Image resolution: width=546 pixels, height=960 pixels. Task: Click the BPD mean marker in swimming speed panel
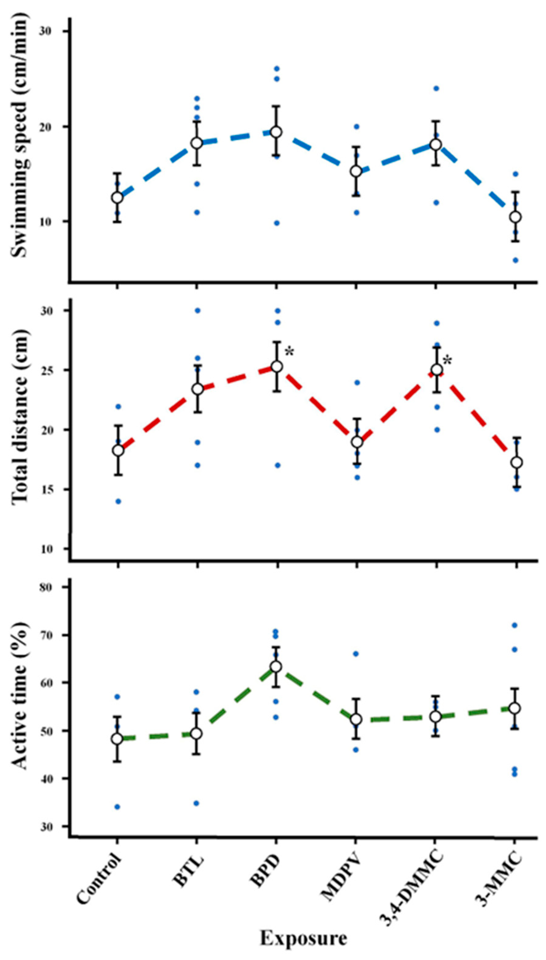[x=277, y=132]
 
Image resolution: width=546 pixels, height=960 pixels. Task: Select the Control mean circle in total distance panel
[x=118, y=451]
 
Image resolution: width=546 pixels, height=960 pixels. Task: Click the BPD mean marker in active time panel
[x=277, y=666]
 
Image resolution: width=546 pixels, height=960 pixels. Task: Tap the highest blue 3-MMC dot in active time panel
[x=515, y=625]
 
